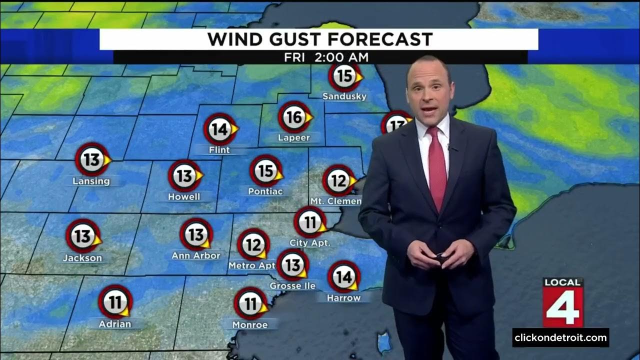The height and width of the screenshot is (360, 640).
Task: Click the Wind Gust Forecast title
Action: pos(320,39)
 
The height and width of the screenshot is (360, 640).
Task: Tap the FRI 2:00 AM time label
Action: pos(326,57)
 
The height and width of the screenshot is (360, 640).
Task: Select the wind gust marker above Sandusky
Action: pos(344,76)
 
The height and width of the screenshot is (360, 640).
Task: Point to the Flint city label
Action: pos(219,149)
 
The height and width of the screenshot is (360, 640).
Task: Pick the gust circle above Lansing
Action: pos(92,159)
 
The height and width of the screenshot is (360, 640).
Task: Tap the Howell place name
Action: pos(184,196)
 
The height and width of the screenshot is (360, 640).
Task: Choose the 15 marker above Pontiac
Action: pos(266,171)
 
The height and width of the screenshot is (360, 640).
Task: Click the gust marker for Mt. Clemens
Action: pos(338,180)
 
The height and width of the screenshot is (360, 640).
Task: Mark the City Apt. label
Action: pos(310,243)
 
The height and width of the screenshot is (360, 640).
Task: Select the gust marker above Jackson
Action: pos(83,236)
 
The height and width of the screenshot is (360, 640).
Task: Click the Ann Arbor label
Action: pos(196,255)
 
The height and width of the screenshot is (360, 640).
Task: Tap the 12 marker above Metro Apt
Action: pos(253,245)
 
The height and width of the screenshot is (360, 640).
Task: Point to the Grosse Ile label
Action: pos(292,286)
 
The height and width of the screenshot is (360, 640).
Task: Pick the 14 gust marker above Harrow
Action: pos(343,276)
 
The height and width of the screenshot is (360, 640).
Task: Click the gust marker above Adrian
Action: pos(115,302)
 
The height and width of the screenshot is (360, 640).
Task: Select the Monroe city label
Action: pos(250,325)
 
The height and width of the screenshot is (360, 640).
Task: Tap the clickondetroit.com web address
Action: pos(560,337)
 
